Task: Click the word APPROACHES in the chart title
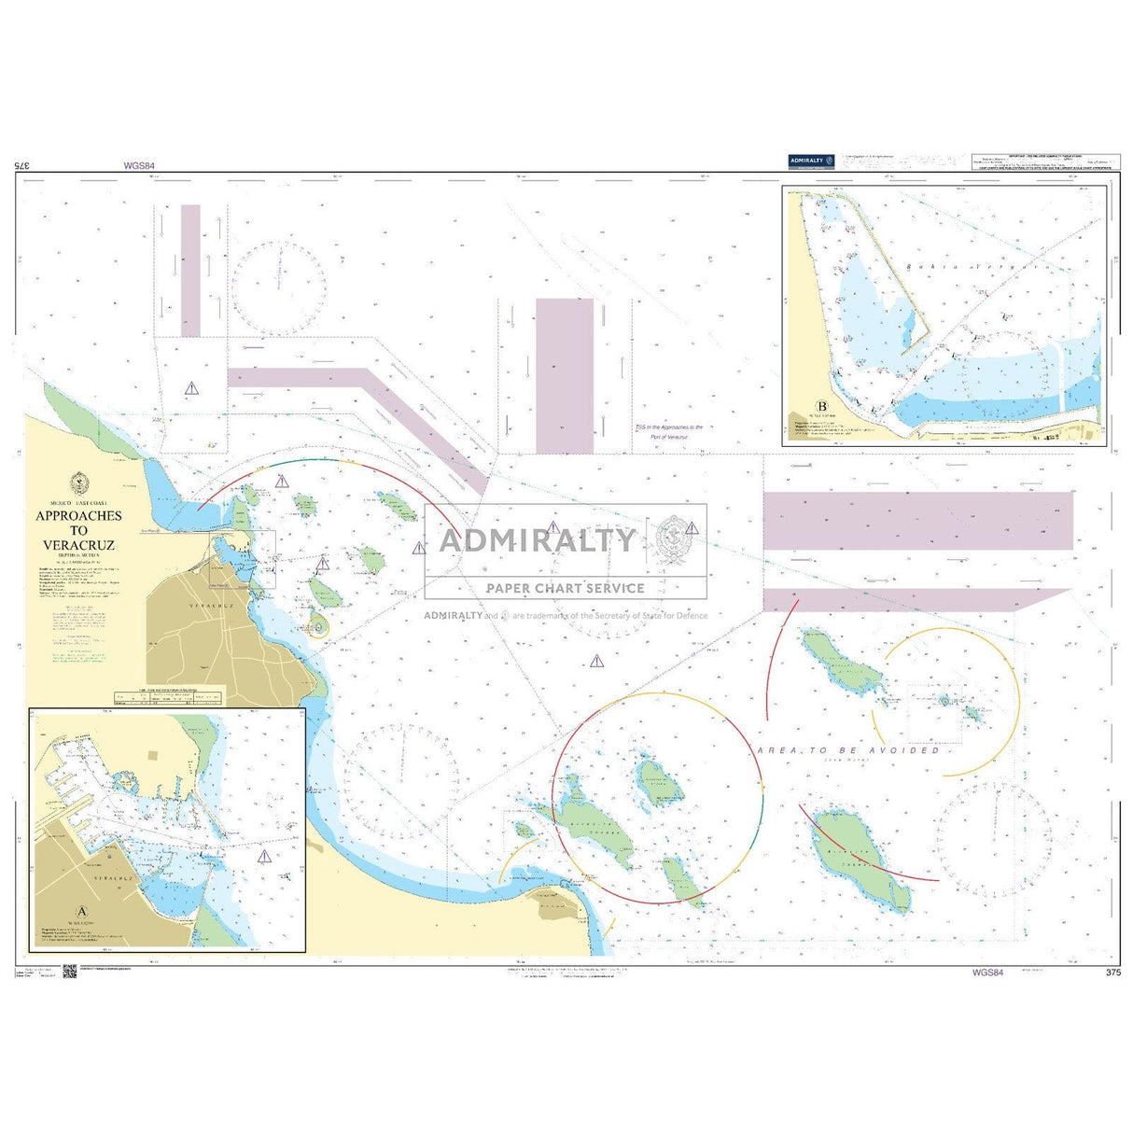click(x=78, y=515)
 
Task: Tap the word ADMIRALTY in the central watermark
click(x=538, y=540)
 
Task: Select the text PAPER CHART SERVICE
click(x=565, y=588)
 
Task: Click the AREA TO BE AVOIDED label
click(x=848, y=750)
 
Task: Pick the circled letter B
click(x=822, y=406)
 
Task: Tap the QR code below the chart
click(x=68, y=971)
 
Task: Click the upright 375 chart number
click(x=1112, y=972)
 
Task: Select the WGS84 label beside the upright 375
click(x=987, y=972)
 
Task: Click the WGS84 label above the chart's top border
click(x=138, y=166)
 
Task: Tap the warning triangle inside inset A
click(x=264, y=856)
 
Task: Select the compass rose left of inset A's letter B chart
click(x=279, y=279)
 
